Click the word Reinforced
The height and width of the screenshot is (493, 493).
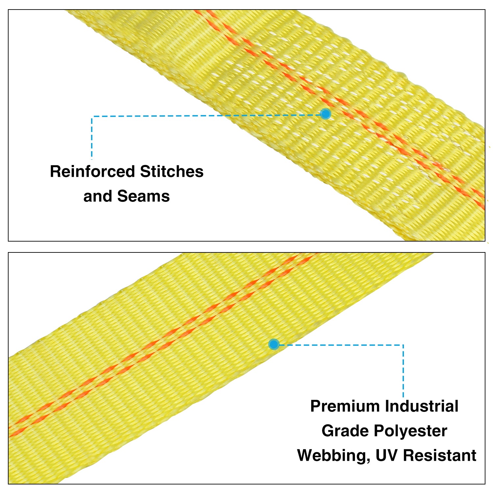click(x=92, y=172)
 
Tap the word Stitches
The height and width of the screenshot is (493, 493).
click(x=172, y=172)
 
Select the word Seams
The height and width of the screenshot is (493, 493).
click(x=143, y=196)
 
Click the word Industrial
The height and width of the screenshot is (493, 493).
click(x=421, y=406)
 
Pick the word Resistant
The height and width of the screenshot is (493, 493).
click(x=439, y=456)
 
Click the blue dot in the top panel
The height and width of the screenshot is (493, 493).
click(x=325, y=114)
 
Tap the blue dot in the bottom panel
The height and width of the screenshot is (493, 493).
click(x=274, y=344)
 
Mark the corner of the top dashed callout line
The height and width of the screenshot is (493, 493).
click(x=92, y=116)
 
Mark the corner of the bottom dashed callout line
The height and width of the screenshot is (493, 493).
click(x=403, y=345)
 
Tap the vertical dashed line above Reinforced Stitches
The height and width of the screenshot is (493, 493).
click(x=92, y=138)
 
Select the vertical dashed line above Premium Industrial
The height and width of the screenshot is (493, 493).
click(x=403, y=371)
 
